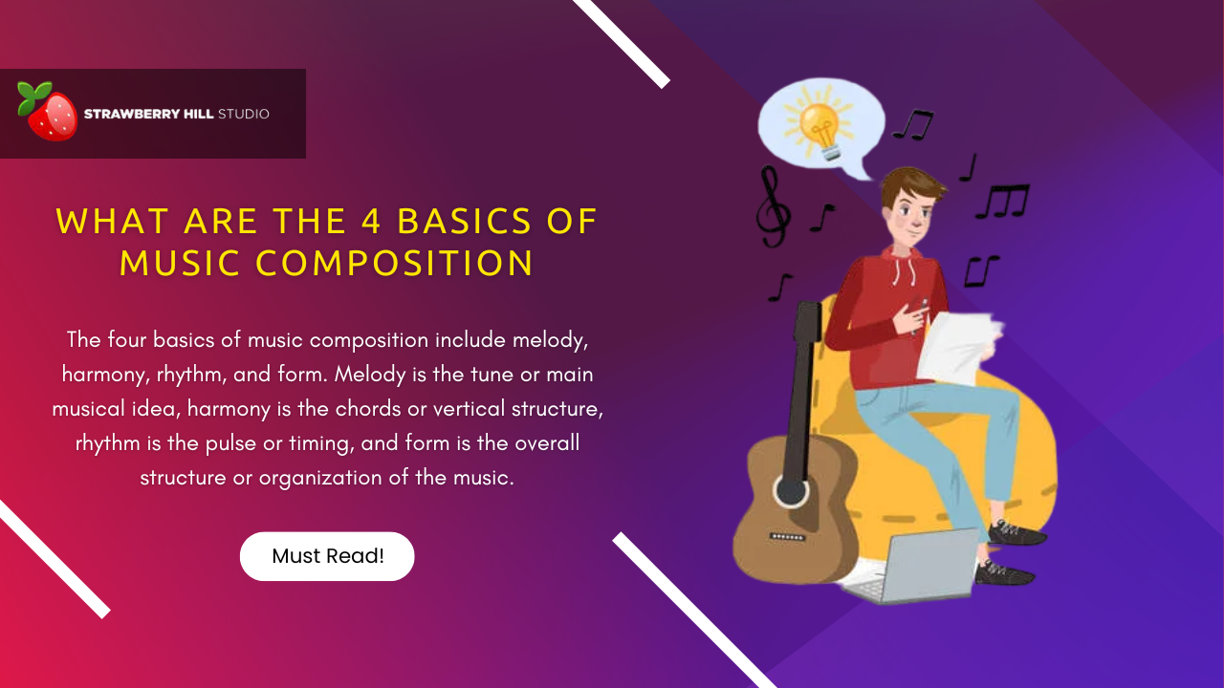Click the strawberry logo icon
(48, 113)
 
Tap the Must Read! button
(327, 556)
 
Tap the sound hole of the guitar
(791, 491)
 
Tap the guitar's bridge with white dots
(787, 537)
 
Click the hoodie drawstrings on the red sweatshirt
(905, 271)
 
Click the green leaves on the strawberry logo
(34, 93)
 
